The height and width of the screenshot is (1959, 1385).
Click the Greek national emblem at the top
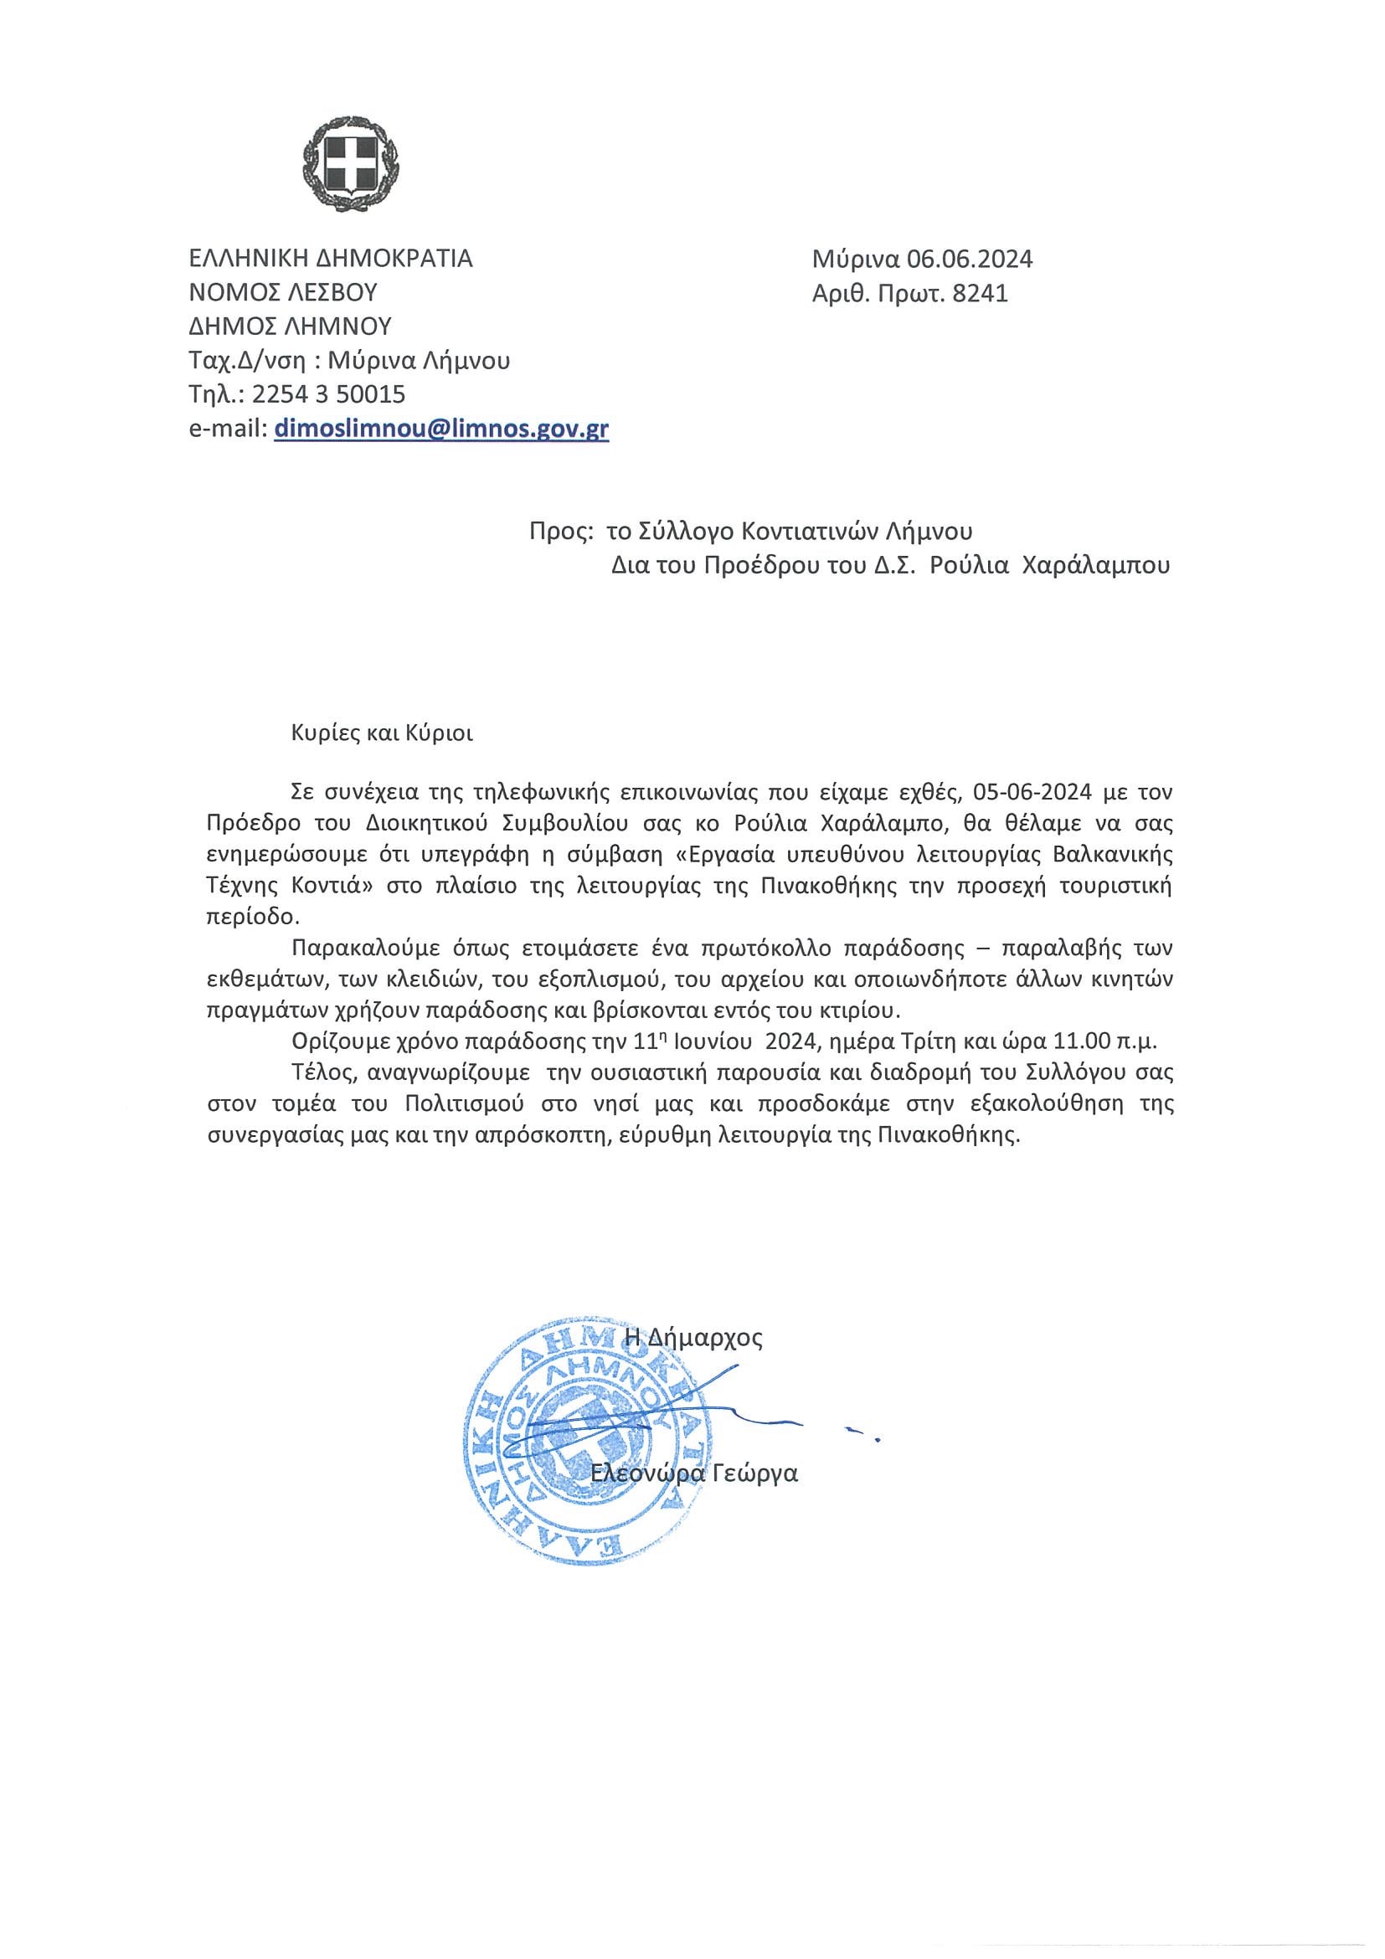pyautogui.click(x=351, y=163)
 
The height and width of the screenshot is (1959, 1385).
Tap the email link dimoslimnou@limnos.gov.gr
pyautogui.click(x=441, y=429)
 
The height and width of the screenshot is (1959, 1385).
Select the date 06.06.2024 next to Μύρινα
pyautogui.click(x=971, y=259)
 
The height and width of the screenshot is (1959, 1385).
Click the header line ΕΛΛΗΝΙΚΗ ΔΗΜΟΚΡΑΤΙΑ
pyautogui.click(x=331, y=258)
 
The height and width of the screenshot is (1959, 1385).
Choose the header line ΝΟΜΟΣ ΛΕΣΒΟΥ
pyautogui.click(x=283, y=293)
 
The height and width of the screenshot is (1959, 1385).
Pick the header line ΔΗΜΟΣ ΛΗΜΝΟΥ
pyautogui.click(x=290, y=326)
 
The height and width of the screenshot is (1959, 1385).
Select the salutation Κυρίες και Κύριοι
pyautogui.click(x=383, y=733)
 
